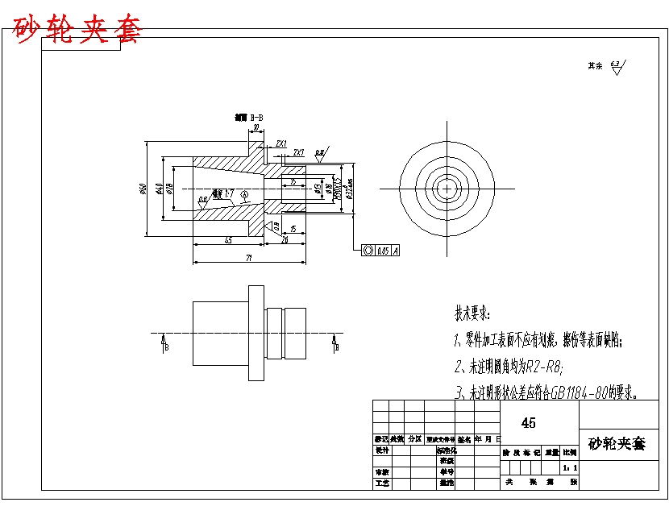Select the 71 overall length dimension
(x=249, y=258)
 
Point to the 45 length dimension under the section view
(x=228, y=240)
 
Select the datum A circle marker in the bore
(x=245, y=194)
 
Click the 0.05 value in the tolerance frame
(x=383, y=251)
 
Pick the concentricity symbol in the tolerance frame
(x=368, y=251)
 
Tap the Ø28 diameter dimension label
(x=171, y=189)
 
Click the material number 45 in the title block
(x=529, y=422)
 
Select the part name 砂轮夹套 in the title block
(x=617, y=443)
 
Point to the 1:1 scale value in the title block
(x=570, y=467)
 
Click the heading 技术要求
(x=472, y=313)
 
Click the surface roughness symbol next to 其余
(x=617, y=68)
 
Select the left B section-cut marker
(x=165, y=345)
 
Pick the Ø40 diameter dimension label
(x=160, y=189)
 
